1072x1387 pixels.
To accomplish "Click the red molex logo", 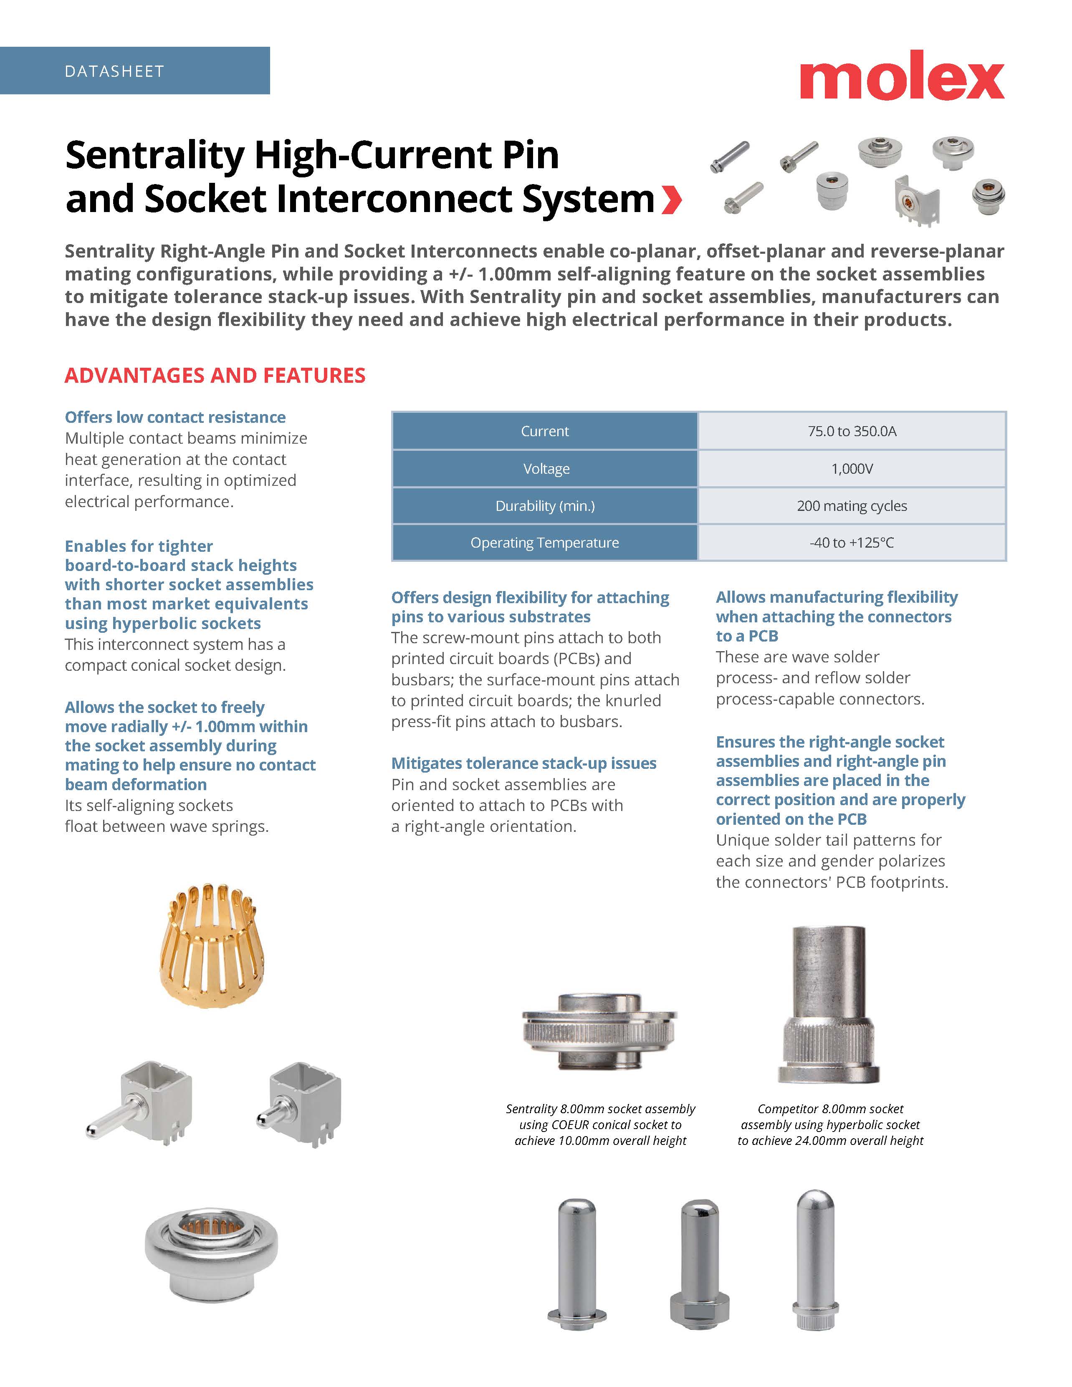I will coord(901,76).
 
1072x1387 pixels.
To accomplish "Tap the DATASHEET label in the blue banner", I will coord(114,71).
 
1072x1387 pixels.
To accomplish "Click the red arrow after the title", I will coord(671,200).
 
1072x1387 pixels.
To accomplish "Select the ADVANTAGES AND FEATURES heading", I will coord(215,375).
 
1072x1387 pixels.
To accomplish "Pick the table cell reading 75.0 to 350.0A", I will coord(852,431).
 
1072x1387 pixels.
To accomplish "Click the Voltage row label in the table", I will coord(546,469).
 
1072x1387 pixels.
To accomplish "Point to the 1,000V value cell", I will coord(852,469).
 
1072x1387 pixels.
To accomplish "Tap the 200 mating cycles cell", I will coord(852,505).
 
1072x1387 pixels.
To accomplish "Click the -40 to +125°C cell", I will coord(852,542).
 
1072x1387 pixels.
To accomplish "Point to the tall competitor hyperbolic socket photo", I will coord(828,1003).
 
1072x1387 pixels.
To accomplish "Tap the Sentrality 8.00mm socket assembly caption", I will coord(600,1124).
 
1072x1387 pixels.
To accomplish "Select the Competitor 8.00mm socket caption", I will coord(830,1124).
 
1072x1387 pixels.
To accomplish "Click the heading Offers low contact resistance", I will coord(175,417).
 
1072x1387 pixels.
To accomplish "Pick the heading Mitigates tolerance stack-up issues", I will coord(523,763).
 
